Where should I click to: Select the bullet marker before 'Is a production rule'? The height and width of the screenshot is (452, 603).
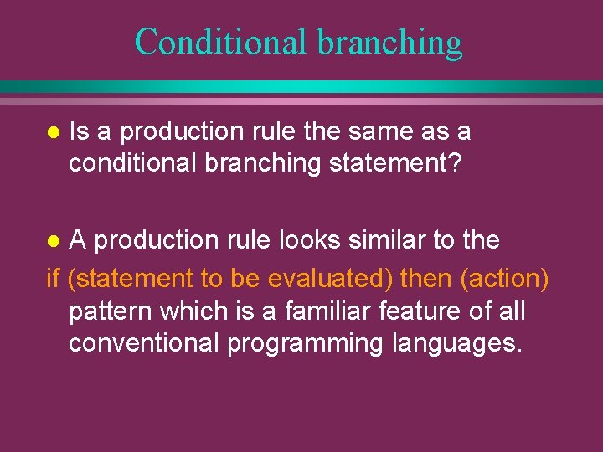coord(53,133)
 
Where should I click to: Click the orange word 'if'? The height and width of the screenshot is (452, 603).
coord(55,277)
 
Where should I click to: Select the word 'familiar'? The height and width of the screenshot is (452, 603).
coord(329,311)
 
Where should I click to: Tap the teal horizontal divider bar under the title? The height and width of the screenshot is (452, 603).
coord(301,87)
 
